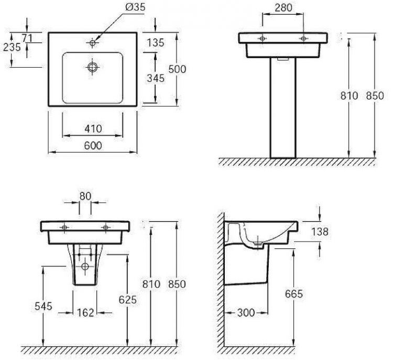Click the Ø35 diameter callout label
[x=135, y=7]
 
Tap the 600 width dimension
[x=93, y=146]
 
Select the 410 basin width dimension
[x=93, y=129]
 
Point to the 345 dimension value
[x=156, y=79]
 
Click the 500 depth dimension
[x=177, y=69]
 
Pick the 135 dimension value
[x=156, y=43]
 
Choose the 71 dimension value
[x=27, y=38]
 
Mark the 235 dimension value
[x=12, y=47]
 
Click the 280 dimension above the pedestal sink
[x=283, y=8]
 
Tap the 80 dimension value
[x=85, y=196]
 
